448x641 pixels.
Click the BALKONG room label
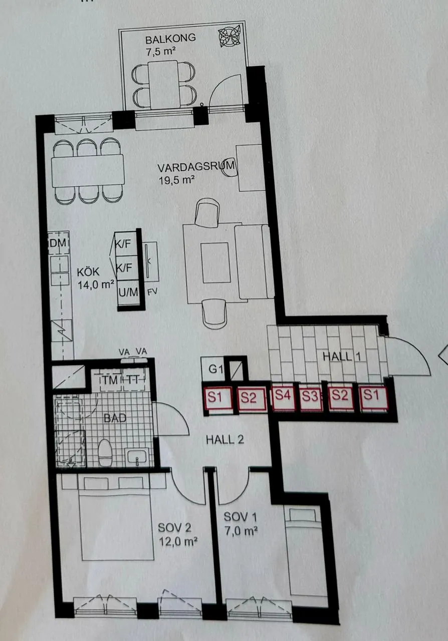[170, 39]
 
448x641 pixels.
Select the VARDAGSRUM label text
[196, 167]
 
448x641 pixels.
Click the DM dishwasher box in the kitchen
[59, 243]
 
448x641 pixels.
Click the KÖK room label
[88, 271]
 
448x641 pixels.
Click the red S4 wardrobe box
[283, 398]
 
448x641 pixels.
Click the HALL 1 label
[341, 357]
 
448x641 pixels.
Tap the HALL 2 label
[225, 440]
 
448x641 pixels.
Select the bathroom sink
[137, 456]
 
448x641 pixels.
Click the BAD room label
[115, 418]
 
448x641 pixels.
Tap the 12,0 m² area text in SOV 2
[178, 542]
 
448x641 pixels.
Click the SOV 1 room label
[241, 517]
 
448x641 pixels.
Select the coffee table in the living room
[215, 263]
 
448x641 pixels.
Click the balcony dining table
[163, 84]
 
